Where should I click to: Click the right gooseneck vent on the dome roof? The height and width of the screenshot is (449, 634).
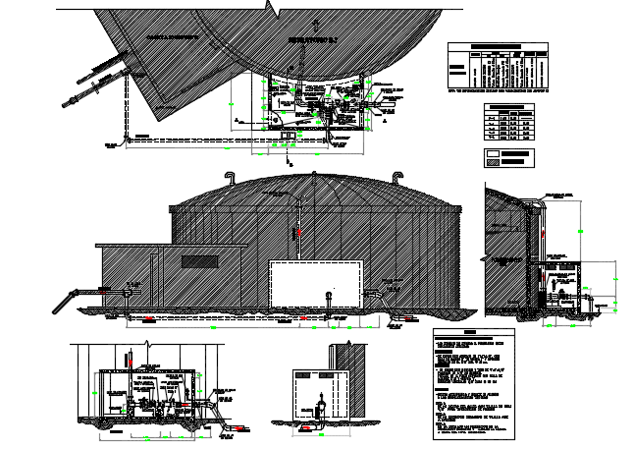click(x=396, y=177)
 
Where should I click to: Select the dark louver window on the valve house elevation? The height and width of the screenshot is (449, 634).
click(x=200, y=261)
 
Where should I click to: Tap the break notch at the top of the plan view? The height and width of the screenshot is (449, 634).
click(x=268, y=8)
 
